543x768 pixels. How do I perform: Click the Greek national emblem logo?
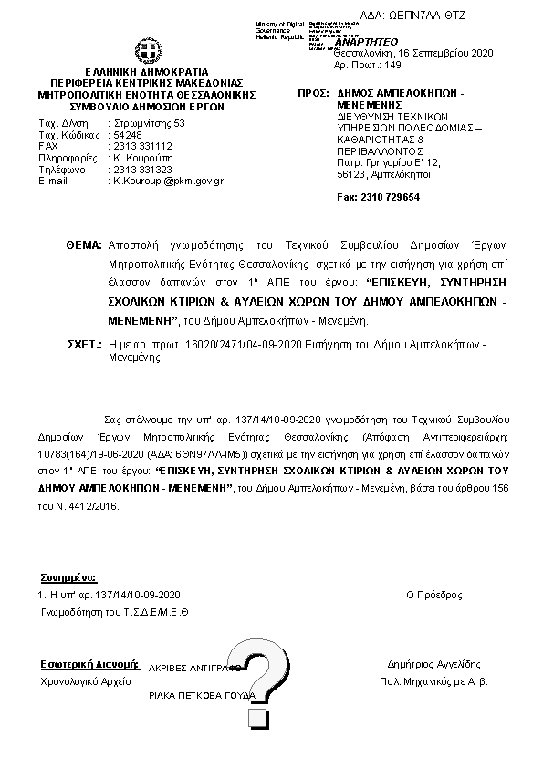pyautogui.click(x=148, y=51)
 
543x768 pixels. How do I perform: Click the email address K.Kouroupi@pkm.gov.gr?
pyautogui.click(x=168, y=181)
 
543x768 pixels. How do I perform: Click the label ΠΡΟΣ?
pyautogui.click(x=315, y=95)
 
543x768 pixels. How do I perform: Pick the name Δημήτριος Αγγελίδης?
pyautogui.click(x=433, y=665)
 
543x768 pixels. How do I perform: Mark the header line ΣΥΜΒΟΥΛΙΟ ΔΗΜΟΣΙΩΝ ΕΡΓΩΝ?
pyautogui.click(x=147, y=106)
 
